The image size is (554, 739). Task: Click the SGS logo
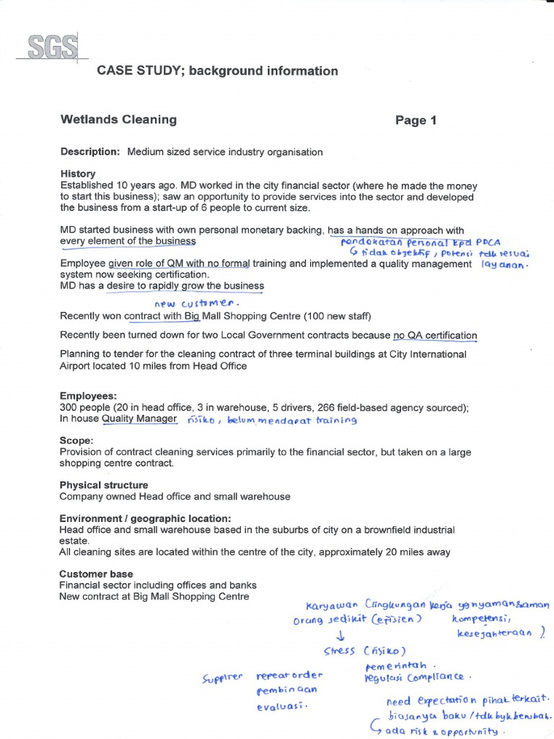tap(54, 48)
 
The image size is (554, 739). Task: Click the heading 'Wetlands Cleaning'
tap(118, 120)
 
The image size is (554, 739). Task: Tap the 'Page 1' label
tap(415, 121)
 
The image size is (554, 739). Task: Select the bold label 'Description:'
tap(89, 152)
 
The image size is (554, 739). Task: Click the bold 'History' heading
tap(78, 174)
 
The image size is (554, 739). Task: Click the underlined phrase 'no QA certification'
tap(435, 335)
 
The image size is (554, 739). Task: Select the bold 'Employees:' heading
tap(88, 396)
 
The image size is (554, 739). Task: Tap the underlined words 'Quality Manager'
tap(138, 419)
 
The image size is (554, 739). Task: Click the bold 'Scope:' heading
tap(76, 440)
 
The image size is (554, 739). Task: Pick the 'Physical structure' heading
tap(104, 485)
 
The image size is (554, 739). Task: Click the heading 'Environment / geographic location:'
tap(145, 518)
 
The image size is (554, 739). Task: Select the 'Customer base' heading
tap(96, 574)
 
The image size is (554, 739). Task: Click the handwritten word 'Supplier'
tap(224, 678)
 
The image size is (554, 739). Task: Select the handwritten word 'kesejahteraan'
tap(495, 633)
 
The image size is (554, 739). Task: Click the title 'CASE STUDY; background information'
tap(217, 71)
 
